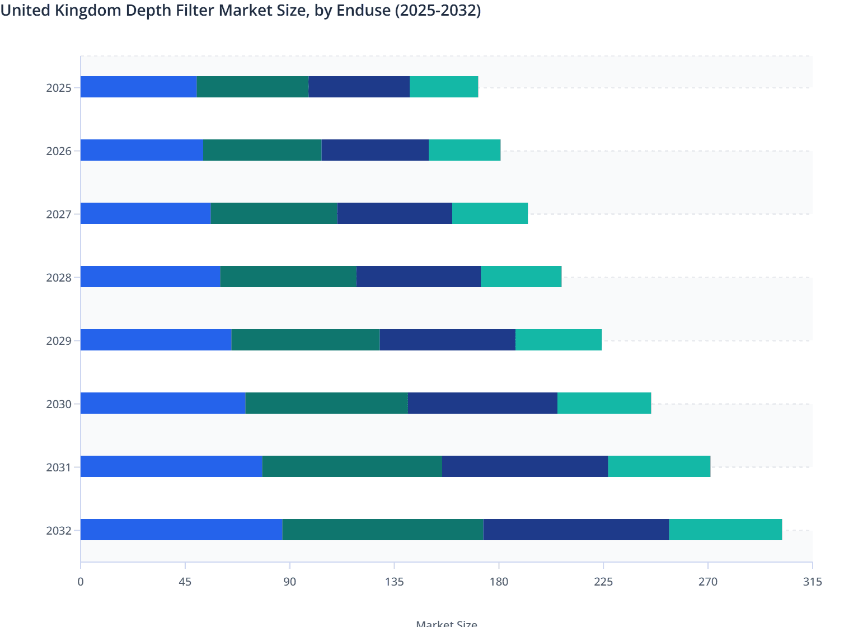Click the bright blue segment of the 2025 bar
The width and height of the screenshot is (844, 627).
[138, 87]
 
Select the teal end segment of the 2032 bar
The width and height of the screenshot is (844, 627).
[725, 530]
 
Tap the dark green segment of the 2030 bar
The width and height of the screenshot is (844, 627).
[326, 403]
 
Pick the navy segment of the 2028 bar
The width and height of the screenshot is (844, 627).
[419, 277]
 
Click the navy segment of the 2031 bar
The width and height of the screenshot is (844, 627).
[525, 466]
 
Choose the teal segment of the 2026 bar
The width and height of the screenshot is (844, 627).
[465, 150]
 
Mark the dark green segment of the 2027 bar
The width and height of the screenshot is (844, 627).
[274, 213]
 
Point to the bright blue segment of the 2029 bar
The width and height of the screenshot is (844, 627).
[156, 340]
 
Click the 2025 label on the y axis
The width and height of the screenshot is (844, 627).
[59, 88]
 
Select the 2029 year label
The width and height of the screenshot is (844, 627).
[59, 341]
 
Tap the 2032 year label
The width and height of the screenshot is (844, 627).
[59, 531]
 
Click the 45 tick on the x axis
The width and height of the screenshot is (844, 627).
[185, 582]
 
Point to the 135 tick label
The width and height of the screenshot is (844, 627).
[394, 582]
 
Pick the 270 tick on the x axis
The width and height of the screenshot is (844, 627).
[707, 582]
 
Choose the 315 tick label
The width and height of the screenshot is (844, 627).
[812, 582]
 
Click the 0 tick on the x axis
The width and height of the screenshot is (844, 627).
[81, 582]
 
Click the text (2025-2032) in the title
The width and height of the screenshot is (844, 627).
[438, 10]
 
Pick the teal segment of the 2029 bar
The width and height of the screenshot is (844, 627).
[559, 340]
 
